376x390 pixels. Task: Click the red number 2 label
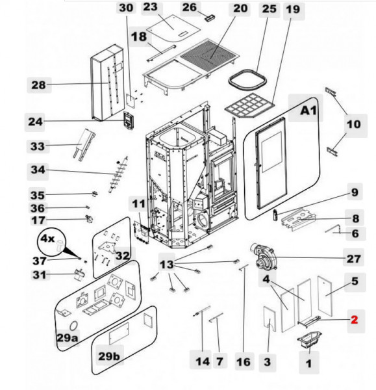354,320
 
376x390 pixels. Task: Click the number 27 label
353,258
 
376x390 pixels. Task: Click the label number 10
353,125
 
